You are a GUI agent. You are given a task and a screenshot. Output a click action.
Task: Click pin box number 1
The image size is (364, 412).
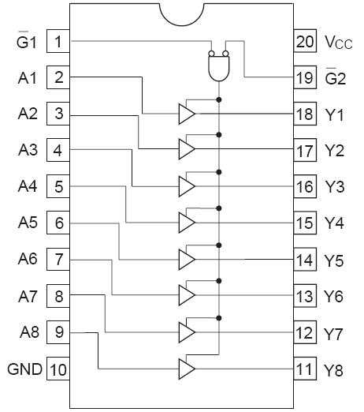(58, 41)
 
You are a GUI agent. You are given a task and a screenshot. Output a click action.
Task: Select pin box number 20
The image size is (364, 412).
(305, 41)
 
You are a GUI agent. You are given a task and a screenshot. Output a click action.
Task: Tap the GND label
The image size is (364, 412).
(25, 369)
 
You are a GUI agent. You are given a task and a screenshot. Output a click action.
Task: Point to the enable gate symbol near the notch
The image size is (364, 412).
(218, 66)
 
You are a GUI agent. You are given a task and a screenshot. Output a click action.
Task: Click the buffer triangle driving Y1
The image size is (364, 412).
(187, 114)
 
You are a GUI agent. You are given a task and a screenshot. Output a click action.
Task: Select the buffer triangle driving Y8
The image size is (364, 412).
(187, 369)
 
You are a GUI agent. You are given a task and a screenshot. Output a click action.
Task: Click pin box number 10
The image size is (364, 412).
(58, 369)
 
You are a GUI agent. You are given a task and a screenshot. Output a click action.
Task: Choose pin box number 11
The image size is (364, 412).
(305, 369)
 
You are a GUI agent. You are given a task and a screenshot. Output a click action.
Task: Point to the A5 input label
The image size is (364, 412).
(28, 223)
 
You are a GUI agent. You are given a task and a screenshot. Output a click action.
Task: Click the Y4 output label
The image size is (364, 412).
(334, 223)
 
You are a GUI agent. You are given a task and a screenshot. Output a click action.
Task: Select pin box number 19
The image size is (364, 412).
(305, 77)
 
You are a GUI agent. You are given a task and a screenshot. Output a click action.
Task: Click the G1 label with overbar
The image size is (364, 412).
(28, 41)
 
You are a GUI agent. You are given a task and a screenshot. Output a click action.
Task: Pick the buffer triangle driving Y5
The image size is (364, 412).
(187, 259)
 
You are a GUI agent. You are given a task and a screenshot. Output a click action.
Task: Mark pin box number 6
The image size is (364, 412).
(58, 223)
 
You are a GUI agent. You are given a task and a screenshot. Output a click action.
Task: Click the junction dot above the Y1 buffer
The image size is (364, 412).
(218, 99)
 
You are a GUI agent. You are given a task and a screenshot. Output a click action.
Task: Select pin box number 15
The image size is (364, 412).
(305, 223)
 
